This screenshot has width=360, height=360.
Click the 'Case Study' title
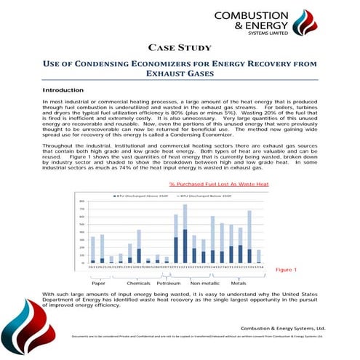point(180,48)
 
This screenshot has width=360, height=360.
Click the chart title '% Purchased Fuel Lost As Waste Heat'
point(218,185)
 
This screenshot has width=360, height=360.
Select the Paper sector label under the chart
point(97,282)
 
